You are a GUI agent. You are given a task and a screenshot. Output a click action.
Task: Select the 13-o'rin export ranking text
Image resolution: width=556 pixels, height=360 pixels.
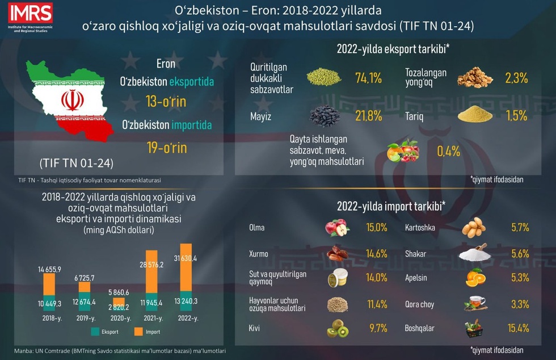coord(166,102)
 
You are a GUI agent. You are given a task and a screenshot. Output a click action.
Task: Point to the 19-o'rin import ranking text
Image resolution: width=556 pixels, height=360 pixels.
coord(166,148)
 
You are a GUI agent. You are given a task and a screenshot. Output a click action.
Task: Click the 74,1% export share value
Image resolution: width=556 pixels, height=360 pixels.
coord(367,79)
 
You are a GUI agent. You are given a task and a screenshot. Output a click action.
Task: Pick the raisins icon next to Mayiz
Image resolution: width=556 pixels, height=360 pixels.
coord(325,116)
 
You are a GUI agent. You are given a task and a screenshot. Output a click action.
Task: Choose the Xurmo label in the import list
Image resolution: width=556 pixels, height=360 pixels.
coord(258,254)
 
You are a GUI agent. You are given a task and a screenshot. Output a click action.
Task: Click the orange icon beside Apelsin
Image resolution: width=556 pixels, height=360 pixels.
coord(475,278)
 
